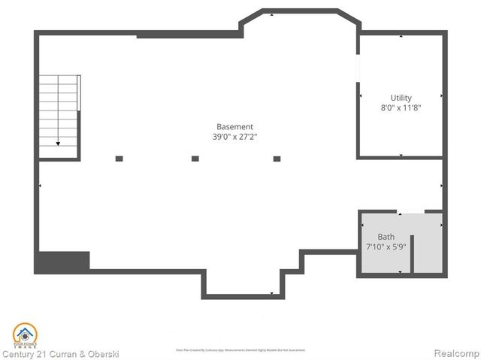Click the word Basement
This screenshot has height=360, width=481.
pyautogui.click(x=234, y=127)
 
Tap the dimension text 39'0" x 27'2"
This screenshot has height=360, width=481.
pyautogui.click(x=234, y=137)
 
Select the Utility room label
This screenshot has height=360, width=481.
pyautogui.click(x=401, y=98)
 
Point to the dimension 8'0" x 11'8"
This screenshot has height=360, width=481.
pyautogui.click(x=401, y=107)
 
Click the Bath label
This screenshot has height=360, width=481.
pyautogui.click(x=386, y=237)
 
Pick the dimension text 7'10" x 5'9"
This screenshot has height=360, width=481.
pyautogui.click(x=386, y=247)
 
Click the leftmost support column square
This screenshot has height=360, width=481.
pyautogui.click(x=119, y=159)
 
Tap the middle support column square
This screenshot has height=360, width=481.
pyautogui.click(x=195, y=159)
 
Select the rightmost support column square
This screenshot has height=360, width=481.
pyautogui.click(x=277, y=159)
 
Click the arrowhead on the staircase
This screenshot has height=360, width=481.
pyautogui.click(x=58, y=143)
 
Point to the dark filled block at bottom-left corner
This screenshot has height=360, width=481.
pyautogui.click(x=62, y=262)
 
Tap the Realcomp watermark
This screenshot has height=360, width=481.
pyautogui.click(x=455, y=353)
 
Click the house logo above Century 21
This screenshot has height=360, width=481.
pyautogui.click(x=25, y=334)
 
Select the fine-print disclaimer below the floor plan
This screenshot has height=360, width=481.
pyautogui.click(x=240, y=350)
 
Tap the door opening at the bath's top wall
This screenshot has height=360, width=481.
pyautogui.click(x=411, y=212)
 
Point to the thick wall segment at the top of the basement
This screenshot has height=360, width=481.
pyautogui.click(x=188, y=35)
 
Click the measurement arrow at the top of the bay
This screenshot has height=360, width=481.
pyautogui.click(x=271, y=15)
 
